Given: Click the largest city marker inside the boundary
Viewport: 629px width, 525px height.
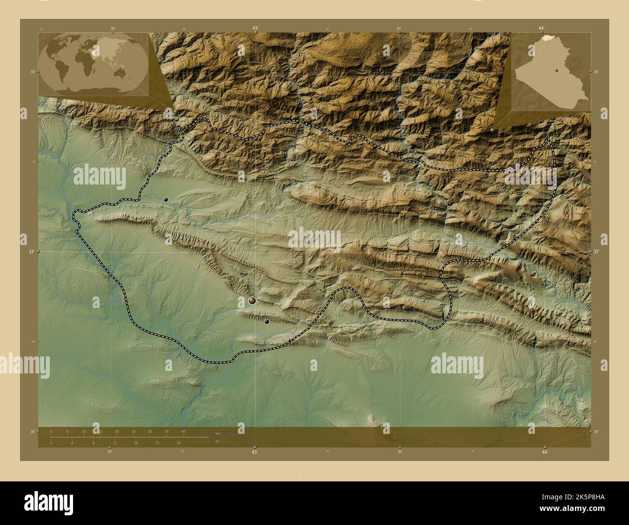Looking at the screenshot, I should tap(252, 301).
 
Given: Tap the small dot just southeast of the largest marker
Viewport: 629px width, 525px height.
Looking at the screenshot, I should tap(267, 321).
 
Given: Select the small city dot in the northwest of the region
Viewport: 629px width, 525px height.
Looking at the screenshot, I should tap(166, 199).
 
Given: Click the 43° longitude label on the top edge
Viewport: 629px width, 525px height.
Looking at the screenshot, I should tap(255, 28).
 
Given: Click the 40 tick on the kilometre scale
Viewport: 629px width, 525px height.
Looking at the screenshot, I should tap(183, 432).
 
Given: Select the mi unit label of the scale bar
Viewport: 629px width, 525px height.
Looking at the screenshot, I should tap(218, 441).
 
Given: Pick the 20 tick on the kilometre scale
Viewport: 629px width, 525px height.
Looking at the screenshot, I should tap(117, 432).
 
